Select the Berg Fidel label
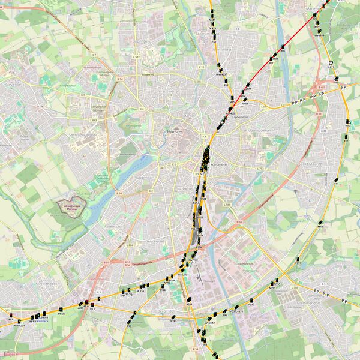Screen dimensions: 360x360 164,311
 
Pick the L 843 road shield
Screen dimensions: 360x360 94,120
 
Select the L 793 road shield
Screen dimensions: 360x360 260,169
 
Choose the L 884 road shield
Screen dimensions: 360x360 130,245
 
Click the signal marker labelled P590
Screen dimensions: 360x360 251,305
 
